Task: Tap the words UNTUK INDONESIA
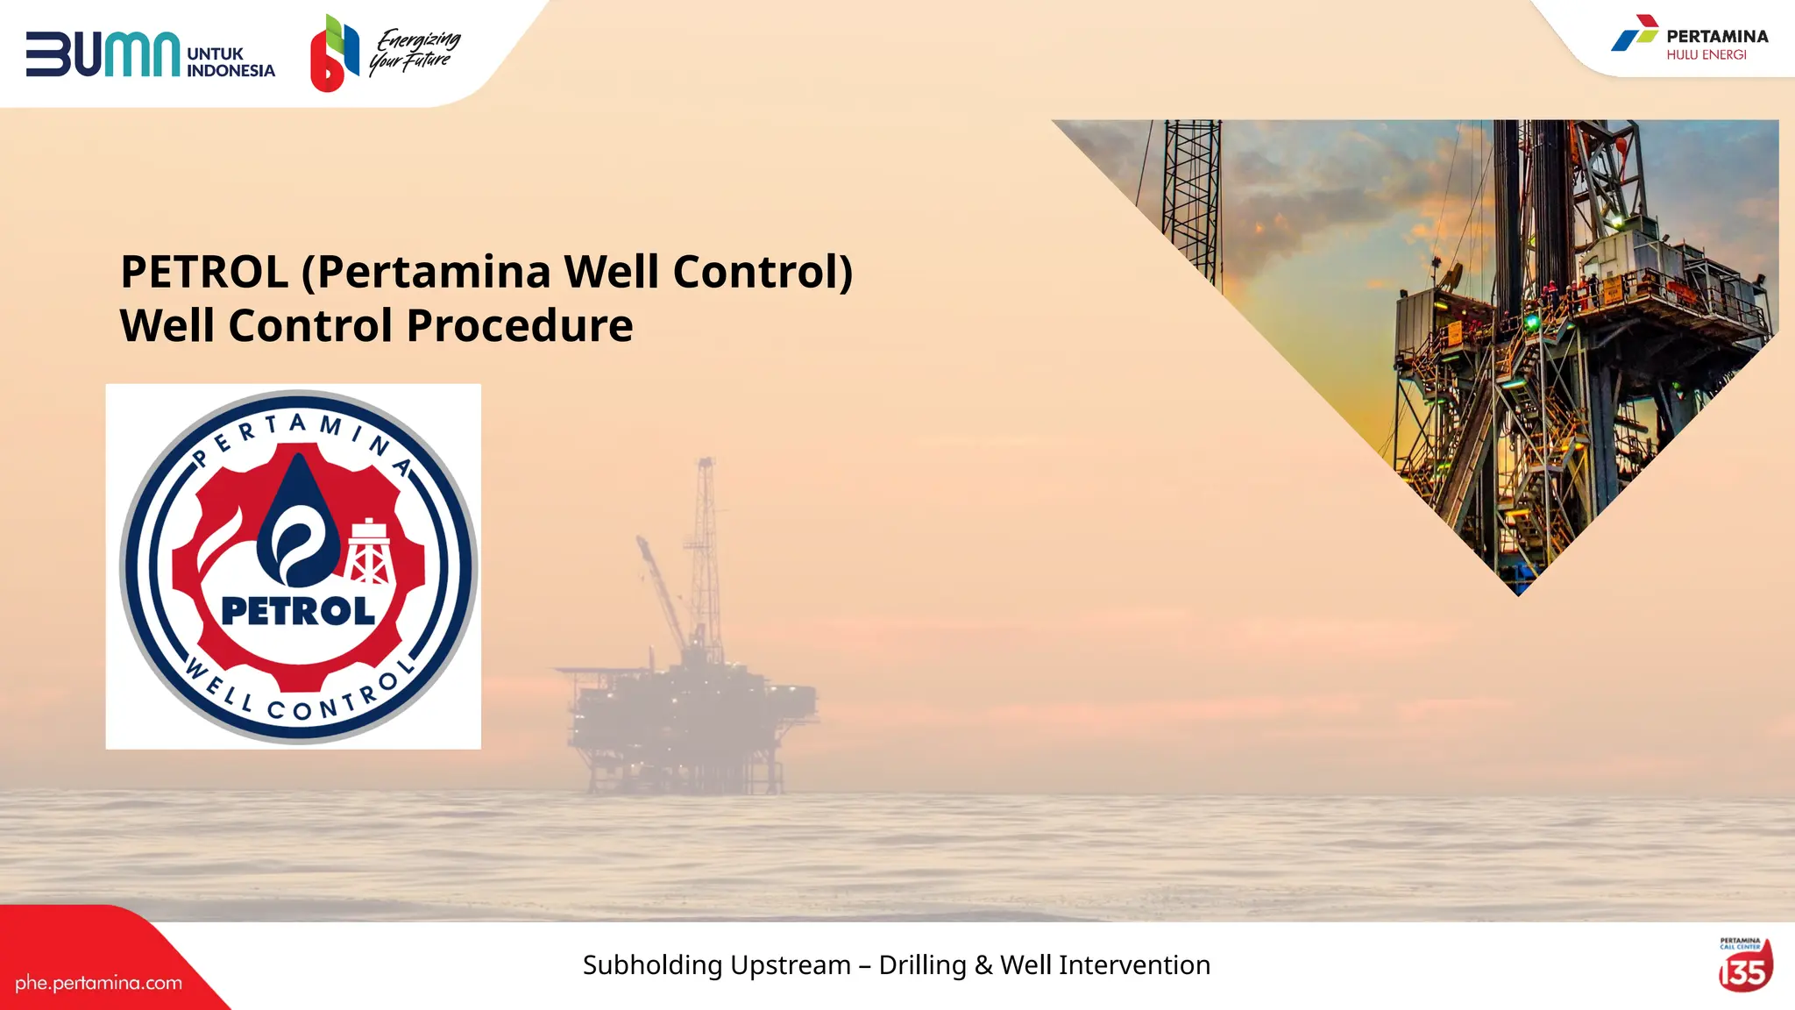click(x=231, y=62)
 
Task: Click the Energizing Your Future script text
click(x=415, y=51)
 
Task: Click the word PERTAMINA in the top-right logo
click(x=1717, y=37)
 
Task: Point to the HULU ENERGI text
click(x=1706, y=55)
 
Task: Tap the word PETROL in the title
click(x=204, y=272)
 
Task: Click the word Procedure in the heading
click(x=519, y=326)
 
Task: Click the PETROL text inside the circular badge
click(x=298, y=611)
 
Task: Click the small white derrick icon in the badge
click(x=369, y=553)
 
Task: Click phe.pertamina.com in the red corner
click(x=98, y=983)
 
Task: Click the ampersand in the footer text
click(x=983, y=965)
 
